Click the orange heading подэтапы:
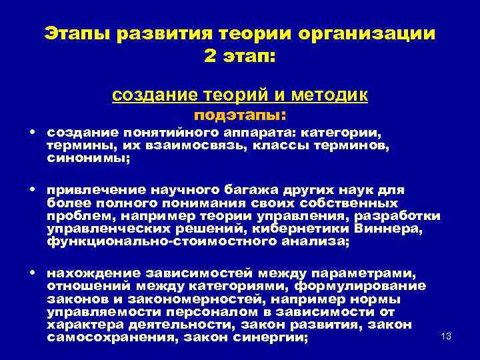pyautogui.click(x=241, y=115)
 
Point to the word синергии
pyautogui.click(x=267, y=337)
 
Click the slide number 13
pyautogui.click(x=446, y=335)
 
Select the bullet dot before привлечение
pyautogui.click(x=33, y=189)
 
